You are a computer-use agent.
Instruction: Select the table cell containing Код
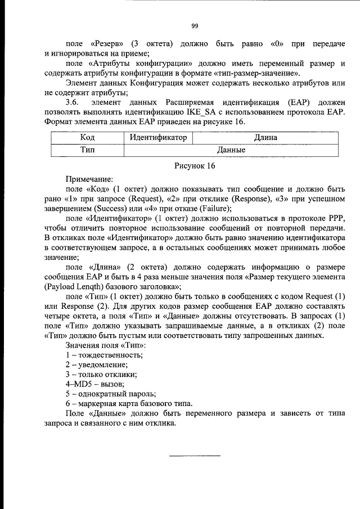point(87,137)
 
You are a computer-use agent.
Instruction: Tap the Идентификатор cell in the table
point(158,137)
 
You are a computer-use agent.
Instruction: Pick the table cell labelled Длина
point(265,137)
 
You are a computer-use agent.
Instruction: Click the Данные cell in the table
point(231,150)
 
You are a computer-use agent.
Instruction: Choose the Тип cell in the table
point(87,150)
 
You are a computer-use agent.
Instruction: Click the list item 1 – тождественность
point(104,355)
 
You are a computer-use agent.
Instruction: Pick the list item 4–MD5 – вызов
point(92,383)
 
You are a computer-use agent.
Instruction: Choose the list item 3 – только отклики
point(101,374)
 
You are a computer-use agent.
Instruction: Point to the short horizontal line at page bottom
point(195,455)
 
